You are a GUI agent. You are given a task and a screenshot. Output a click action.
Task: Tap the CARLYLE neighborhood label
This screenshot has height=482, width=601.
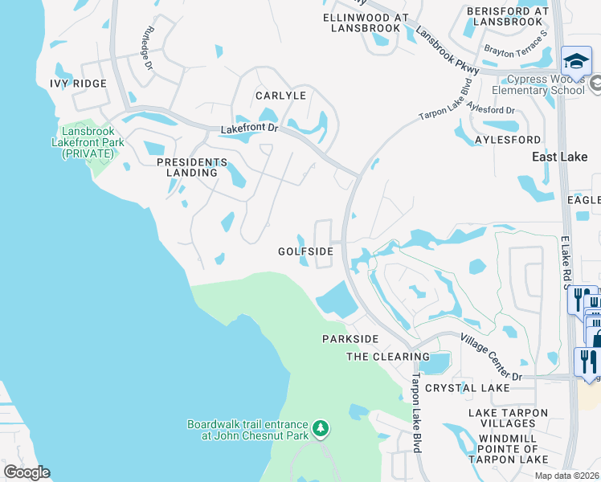tap(281, 95)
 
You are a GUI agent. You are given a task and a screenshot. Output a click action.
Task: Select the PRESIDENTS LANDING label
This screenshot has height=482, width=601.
tap(187, 167)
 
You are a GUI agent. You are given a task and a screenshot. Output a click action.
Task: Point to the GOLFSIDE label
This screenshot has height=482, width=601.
tap(305, 251)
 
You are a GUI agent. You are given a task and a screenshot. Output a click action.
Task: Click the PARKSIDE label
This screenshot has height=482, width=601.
tap(350, 339)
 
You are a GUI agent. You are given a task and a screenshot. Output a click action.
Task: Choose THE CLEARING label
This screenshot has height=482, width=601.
tap(388, 357)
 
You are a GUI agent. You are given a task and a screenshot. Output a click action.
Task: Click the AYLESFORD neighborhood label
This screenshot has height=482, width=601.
tap(508, 140)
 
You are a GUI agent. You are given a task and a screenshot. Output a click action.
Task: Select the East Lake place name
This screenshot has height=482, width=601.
tap(560, 157)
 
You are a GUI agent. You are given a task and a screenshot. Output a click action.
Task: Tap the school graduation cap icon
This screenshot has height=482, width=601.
tap(576, 61)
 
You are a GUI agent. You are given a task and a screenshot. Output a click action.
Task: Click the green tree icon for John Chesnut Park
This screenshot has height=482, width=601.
tap(321, 427)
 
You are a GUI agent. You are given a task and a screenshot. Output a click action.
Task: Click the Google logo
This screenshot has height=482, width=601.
tap(27, 472)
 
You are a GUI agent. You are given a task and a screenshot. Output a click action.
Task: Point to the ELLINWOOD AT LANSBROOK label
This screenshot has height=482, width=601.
tap(366, 22)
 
